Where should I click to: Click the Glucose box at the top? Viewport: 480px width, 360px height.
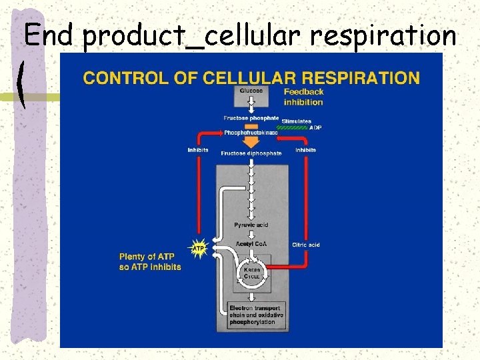pos(251,95)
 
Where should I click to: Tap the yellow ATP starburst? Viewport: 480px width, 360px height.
pos(199,249)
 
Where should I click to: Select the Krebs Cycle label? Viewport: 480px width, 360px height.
pos(252,272)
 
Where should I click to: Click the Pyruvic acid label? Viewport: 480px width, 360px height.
pos(251,225)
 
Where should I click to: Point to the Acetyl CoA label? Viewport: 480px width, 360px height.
pos(251,244)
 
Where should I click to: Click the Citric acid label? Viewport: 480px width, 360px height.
pos(306,245)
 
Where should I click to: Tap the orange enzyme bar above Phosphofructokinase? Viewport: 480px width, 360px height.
pos(251,125)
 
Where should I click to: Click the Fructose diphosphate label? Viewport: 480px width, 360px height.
pos(251,153)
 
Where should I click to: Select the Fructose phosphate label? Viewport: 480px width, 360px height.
pos(251,118)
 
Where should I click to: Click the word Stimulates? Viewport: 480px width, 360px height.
pos(297,121)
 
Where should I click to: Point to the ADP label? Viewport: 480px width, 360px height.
pos(315,127)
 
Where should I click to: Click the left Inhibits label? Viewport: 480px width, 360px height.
pos(198,150)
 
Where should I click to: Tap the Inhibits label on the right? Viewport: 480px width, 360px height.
pos(305,150)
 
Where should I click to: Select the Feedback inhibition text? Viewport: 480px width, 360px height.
pos(303,97)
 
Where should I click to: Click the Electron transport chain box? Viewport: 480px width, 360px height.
pos(257,315)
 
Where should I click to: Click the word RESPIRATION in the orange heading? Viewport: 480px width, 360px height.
pos(359,77)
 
